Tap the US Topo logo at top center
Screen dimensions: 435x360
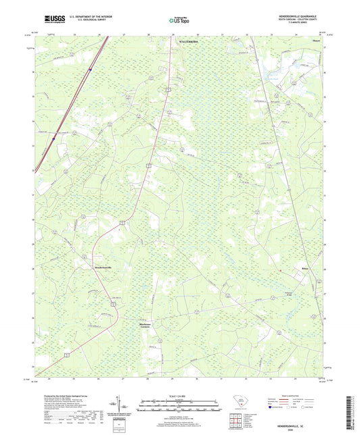[x=178, y=21]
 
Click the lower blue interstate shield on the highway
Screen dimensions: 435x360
[x=53, y=139]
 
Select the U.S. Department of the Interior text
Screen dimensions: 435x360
[x=84, y=18]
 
